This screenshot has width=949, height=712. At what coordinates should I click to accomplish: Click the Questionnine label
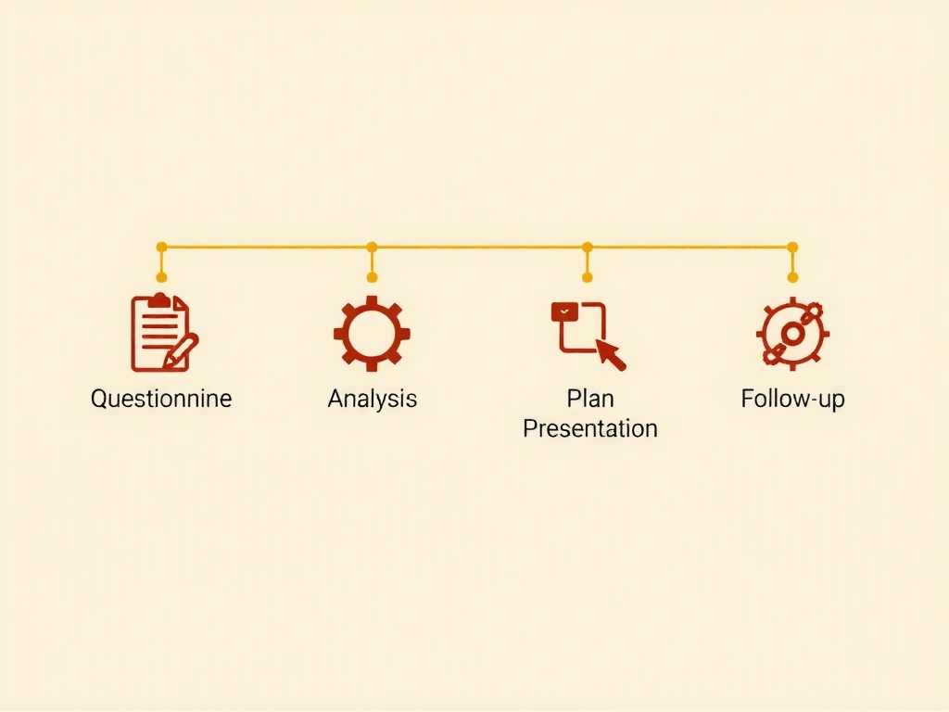point(161,399)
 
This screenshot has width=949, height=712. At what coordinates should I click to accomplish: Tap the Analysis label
point(373,399)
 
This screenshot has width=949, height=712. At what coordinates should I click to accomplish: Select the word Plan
point(590,399)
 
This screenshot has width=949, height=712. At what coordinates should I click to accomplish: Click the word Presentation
point(590,428)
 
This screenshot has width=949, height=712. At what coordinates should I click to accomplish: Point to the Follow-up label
point(793,399)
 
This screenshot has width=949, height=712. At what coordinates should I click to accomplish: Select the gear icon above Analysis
point(372,333)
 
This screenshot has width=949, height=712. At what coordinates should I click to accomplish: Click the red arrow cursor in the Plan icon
point(611,354)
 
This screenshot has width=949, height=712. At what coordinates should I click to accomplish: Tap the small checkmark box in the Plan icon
point(564,311)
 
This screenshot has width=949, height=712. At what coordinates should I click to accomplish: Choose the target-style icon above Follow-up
point(792,334)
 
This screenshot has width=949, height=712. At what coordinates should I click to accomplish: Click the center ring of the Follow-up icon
point(792,334)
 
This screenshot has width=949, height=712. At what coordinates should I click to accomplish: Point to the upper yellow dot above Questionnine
point(161,247)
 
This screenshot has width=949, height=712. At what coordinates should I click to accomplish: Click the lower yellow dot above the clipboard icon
point(161,277)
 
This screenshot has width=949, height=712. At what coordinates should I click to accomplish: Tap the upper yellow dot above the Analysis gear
point(373,247)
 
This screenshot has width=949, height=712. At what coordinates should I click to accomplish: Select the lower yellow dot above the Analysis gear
point(373,277)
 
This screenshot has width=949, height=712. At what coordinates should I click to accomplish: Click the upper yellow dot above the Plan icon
point(587,247)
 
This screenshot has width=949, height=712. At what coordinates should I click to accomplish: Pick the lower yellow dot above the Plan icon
point(587,277)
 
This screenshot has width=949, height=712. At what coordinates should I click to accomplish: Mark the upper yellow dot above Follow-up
point(793,247)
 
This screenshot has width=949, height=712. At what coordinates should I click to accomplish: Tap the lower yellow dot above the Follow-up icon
point(793,277)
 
